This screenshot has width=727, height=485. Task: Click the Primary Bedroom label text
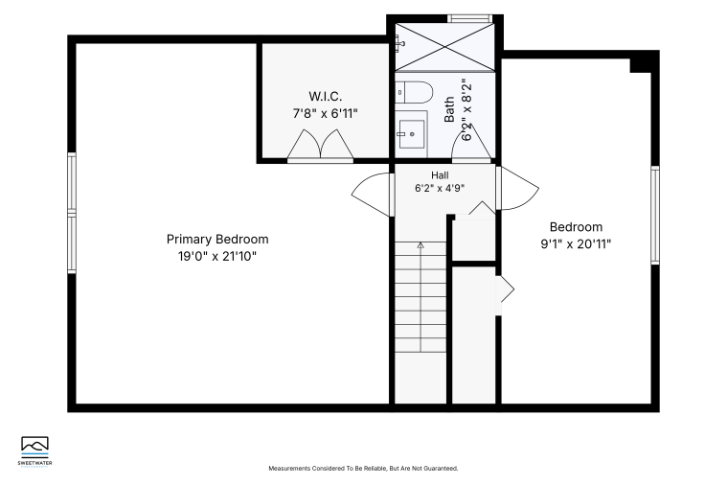(217, 240)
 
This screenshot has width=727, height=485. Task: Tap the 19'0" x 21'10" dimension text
(217, 256)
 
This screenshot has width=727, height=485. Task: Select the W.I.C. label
(326, 97)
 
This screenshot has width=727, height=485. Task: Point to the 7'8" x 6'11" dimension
(326, 113)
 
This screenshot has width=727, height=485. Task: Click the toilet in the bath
(414, 92)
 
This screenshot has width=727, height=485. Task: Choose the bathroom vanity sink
(412, 134)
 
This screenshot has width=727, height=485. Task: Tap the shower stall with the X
(445, 47)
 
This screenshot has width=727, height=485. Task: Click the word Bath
(449, 109)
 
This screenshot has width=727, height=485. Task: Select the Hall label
(440, 175)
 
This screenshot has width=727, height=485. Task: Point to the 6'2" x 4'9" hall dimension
(440, 188)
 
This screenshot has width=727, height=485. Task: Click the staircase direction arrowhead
(420, 244)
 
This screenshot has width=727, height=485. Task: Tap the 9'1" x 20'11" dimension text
(576, 244)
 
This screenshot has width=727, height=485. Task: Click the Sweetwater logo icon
(34, 447)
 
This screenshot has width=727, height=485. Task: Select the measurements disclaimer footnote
(364, 469)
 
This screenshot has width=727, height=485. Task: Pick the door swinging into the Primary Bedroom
(371, 194)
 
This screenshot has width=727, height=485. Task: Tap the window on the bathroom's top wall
(469, 18)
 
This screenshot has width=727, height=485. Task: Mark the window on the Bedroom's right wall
(655, 216)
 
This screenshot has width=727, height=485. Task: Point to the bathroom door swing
(471, 143)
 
